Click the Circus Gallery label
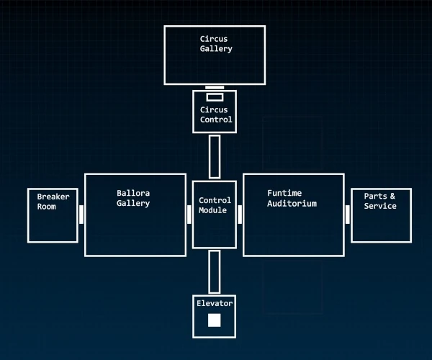[x=216, y=43]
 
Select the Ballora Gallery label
[x=133, y=198]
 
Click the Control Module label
[x=215, y=205]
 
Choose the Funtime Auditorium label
[x=292, y=198]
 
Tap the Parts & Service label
[x=380, y=201]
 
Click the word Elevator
[x=215, y=304]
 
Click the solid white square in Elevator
[x=215, y=320]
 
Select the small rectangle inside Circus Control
[x=215, y=97]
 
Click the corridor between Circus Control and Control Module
[x=215, y=156]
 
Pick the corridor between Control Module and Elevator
[x=215, y=271]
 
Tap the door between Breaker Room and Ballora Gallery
[x=81, y=215]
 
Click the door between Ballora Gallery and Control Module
[x=189, y=215]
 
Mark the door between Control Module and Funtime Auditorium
[x=240, y=215]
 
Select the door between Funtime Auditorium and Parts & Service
[x=348, y=215]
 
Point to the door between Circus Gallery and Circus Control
[x=215, y=88]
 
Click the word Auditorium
[x=292, y=204]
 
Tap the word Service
[x=380, y=207]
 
